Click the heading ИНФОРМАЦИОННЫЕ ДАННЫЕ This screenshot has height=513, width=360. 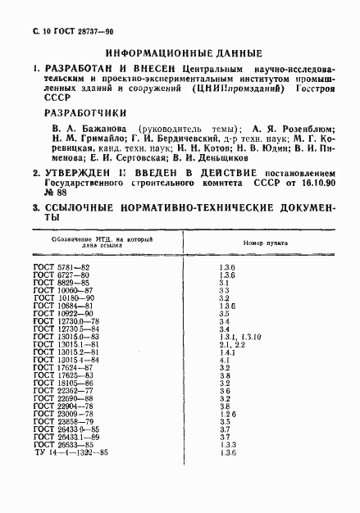click(180, 52)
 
